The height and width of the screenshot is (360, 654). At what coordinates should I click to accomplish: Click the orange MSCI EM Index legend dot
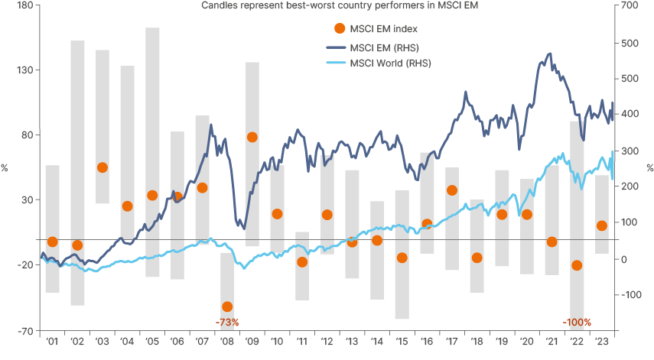pos(340,29)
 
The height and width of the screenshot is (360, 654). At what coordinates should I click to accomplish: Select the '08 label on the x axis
pos(227,342)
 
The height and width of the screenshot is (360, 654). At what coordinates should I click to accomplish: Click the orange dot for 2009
pos(252,137)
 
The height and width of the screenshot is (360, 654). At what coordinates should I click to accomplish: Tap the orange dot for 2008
pos(226,306)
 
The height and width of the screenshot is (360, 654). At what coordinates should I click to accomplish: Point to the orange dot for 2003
pos(102,167)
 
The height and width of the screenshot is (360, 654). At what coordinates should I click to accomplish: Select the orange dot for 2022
pos(577,265)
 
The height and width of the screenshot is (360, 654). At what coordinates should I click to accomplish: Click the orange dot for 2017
pos(451,190)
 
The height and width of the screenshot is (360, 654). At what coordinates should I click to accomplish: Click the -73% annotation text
pos(227,323)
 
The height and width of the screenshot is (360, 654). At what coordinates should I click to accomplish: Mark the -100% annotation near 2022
pos(576,323)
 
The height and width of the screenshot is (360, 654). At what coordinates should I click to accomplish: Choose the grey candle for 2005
pos(152,152)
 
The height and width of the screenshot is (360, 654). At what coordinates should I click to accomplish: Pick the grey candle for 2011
pos(302,265)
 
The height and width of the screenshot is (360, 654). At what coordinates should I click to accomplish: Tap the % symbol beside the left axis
pos(5,167)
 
